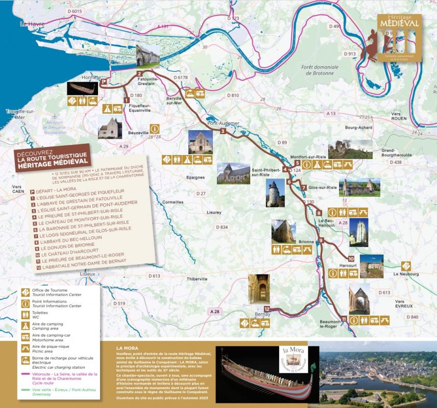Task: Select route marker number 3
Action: (223, 132)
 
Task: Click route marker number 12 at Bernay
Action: (266, 309)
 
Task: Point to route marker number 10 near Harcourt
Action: (351, 259)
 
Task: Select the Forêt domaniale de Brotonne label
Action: (320, 70)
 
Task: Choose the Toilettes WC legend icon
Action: (25, 313)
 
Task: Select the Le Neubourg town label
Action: (406, 274)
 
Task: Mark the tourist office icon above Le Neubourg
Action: (406, 265)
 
